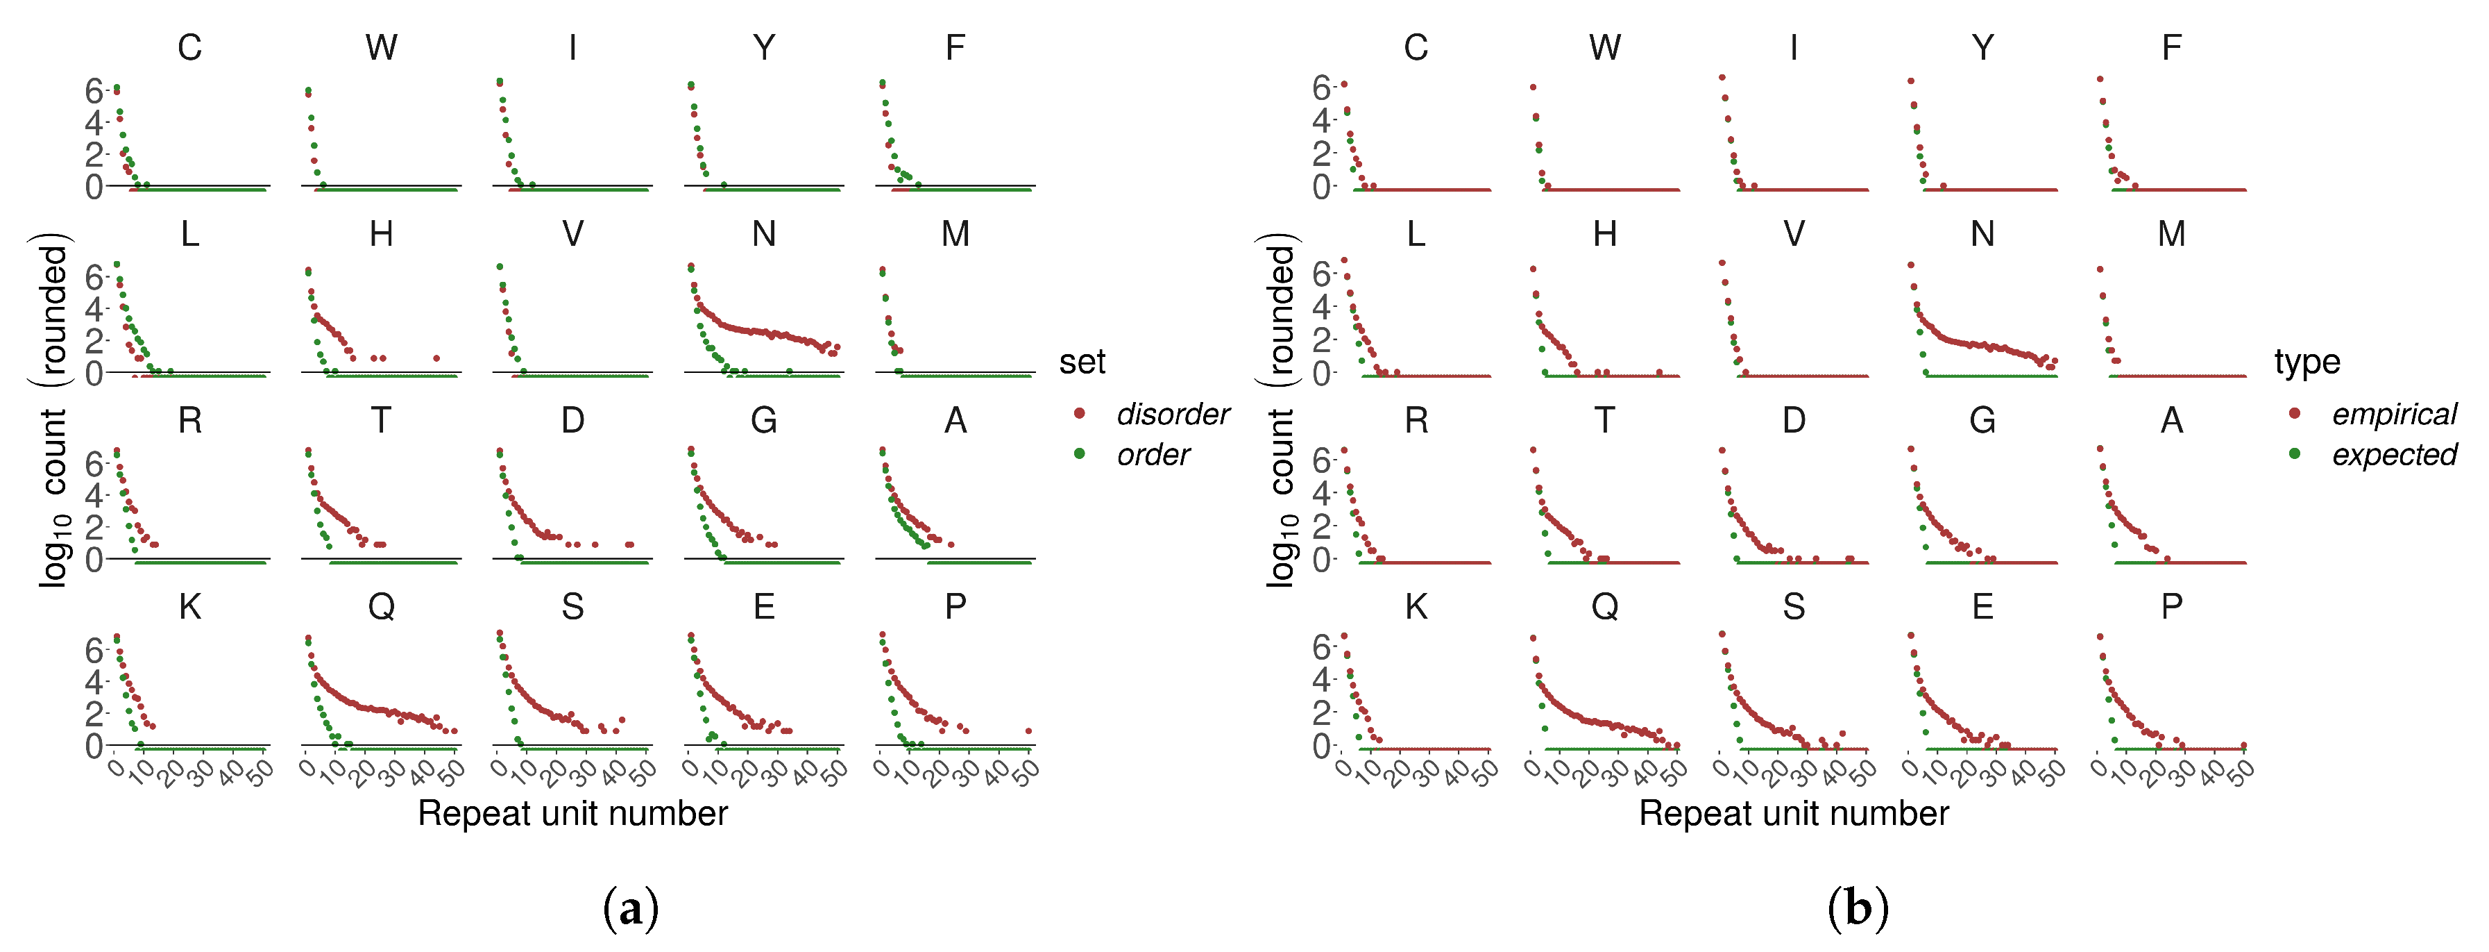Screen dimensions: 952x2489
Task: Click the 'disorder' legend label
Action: pos(1172,415)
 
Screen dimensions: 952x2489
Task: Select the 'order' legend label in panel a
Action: pos(1153,454)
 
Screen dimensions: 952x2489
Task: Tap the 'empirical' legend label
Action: pos(2393,415)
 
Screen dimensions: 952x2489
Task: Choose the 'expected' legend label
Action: pos(2393,454)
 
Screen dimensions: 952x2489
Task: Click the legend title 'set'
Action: pos(1081,362)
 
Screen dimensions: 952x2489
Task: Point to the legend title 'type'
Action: pos(2307,362)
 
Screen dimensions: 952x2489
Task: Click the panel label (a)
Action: pos(631,908)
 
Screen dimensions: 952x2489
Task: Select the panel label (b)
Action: pos(1857,908)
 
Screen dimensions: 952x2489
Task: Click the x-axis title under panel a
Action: pos(572,814)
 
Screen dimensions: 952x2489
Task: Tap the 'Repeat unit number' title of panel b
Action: pos(1793,814)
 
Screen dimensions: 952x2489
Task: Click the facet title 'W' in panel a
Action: pos(381,47)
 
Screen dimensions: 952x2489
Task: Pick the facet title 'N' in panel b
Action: pos(1982,234)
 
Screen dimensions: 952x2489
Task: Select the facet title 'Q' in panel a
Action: pos(381,607)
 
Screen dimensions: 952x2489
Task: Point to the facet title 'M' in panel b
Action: pos(2171,234)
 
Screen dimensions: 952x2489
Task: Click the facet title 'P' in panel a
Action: pos(955,607)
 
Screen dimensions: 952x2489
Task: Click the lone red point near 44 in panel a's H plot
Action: pos(436,358)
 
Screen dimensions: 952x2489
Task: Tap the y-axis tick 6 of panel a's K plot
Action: pos(93,651)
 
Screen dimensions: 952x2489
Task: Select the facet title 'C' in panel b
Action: pos(1416,47)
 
